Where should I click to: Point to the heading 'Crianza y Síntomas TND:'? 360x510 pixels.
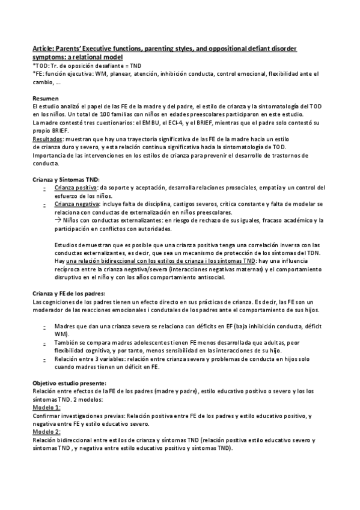pyautogui.click(x=67, y=179)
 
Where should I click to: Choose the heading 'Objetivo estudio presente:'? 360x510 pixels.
pyautogui.click(x=70, y=382)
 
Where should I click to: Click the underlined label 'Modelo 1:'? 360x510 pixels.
pyautogui.click(x=47, y=407)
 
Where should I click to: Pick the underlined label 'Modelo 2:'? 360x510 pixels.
pyautogui.click(x=47, y=432)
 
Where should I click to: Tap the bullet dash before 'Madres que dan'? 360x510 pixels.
pyautogui.click(x=46, y=326)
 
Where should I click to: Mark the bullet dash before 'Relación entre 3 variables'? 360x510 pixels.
pyautogui.click(x=46, y=359)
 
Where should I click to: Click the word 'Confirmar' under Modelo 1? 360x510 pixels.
pyautogui.click(x=47, y=415)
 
